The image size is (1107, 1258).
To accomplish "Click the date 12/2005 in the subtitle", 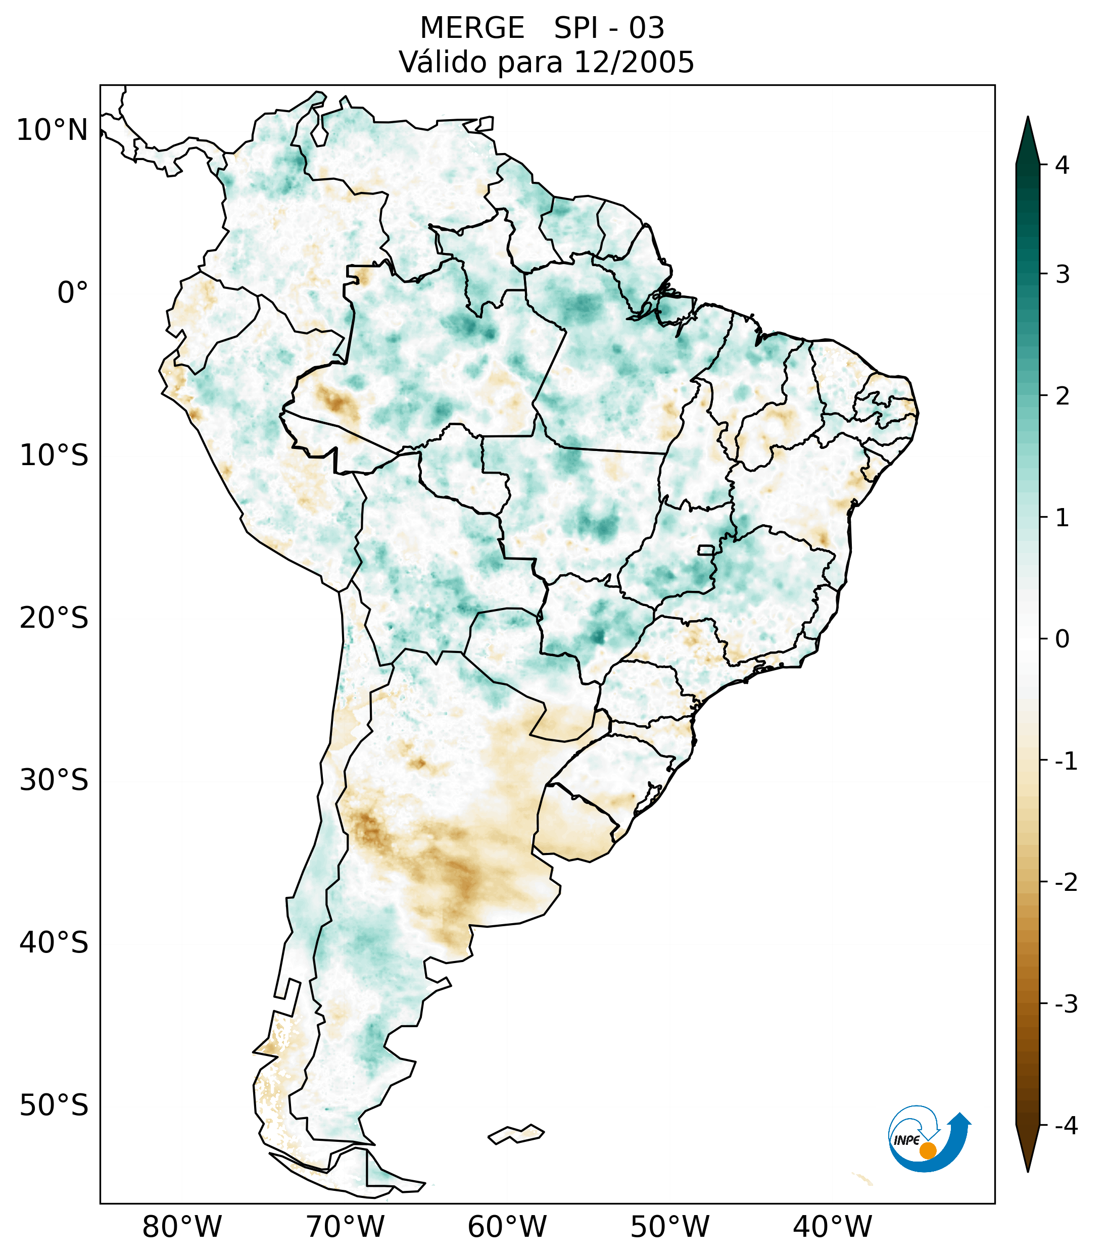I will (634, 62).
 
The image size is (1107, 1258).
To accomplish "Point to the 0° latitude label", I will (73, 293).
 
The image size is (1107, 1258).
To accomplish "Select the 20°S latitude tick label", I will (54, 618).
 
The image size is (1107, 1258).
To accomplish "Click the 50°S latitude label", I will (54, 1106).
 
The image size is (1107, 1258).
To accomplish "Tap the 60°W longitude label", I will (507, 1227).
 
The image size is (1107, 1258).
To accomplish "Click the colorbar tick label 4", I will (1062, 165).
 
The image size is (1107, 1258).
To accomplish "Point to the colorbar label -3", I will (1066, 1004).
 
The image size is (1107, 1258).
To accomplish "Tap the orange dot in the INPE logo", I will (927, 1150).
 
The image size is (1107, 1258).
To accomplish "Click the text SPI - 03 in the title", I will (609, 28).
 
